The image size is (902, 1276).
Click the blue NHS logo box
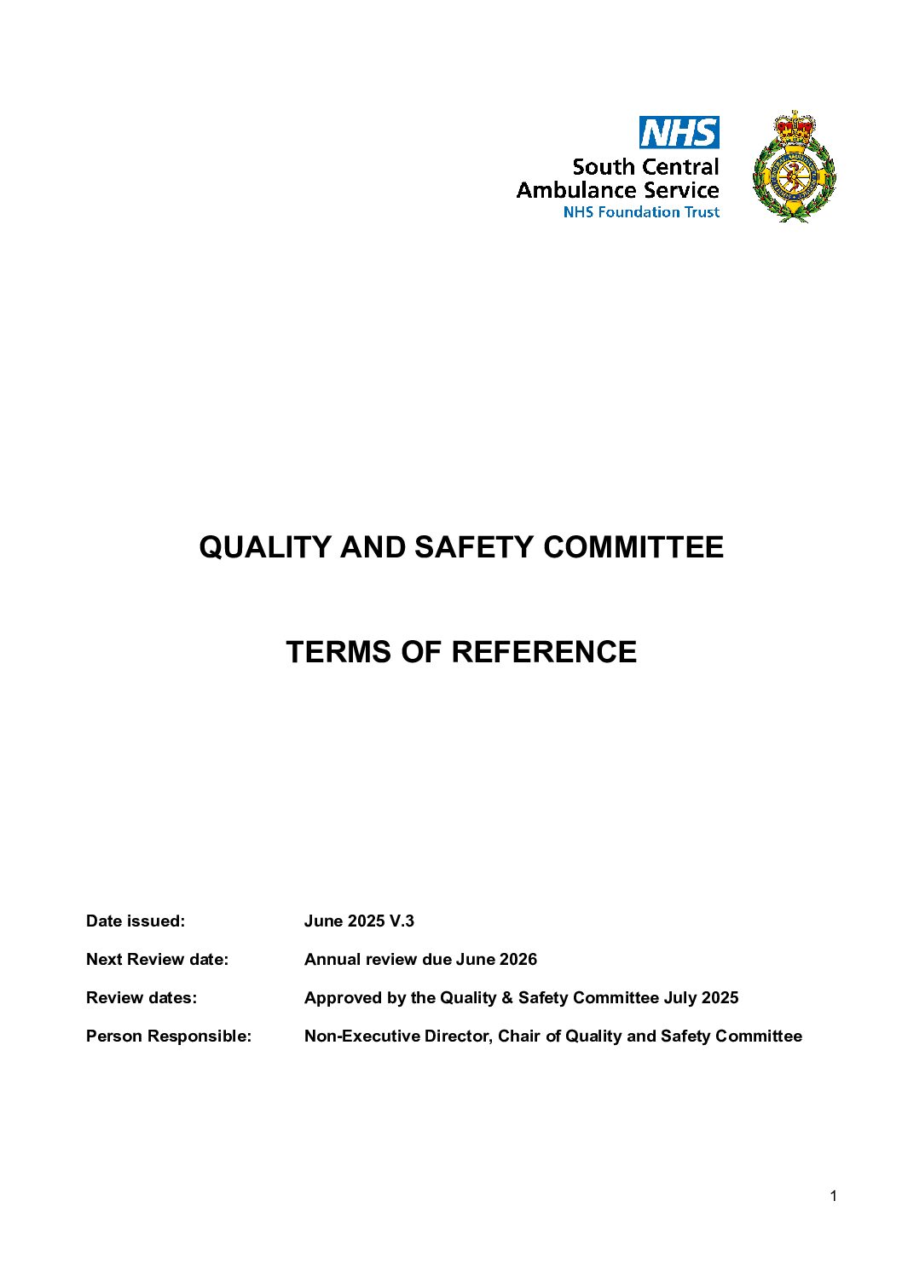pyautogui.click(x=679, y=133)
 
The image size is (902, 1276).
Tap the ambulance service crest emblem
pyautogui.click(x=795, y=167)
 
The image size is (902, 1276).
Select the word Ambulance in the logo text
pyautogui.click(x=576, y=190)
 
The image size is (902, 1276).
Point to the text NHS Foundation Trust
pyautogui.click(x=641, y=212)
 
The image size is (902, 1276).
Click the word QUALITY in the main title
pyautogui.click(x=265, y=547)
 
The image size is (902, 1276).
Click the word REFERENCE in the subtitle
pyautogui.click(x=544, y=652)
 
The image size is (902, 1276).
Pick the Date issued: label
pyautogui.click(x=136, y=921)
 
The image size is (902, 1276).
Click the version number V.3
pyautogui.click(x=402, y=921)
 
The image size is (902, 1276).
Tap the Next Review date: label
pyautogui.click(x=157, y=960)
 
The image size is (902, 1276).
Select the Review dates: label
pyautogui.click(x=141, y=998)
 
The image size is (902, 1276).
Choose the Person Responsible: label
pyautogui.click(x=169, y=1036)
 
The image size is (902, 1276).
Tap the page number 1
pyautogui.click(x=833, y=1197)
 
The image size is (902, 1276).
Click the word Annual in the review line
pyautogui.click(x=332, y=960)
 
